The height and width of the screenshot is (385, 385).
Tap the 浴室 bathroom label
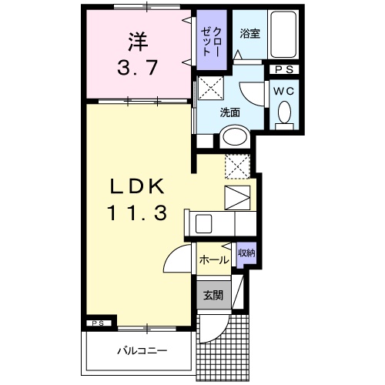coord(249,35)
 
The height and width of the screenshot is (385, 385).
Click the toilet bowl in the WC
coord(283,115)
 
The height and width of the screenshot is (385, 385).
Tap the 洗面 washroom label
coord(230,112)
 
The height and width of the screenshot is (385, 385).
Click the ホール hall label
coord(213,260)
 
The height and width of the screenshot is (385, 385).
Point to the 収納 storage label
coord(246,252)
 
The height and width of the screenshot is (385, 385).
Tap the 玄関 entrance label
coord(213,295)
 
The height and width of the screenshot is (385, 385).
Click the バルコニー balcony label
coord(142,350)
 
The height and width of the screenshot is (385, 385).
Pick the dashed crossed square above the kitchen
coord(236,166)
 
